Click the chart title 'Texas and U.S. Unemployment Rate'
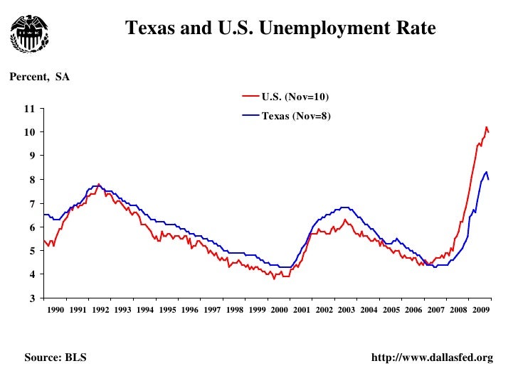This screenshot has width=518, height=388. click(x=280, y=28)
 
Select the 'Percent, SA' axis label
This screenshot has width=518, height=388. click(x=39, y=77)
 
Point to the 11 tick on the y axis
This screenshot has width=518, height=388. click(x=29, y=109)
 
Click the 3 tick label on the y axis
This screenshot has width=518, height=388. click(x=31, y=298)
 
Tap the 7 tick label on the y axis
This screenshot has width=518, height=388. click(x=31, y=204)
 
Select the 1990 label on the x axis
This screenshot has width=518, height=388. click(x=55, y=311)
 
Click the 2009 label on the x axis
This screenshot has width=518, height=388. click(x=480, y=311)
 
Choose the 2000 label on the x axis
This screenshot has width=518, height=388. click(x=279, y=311)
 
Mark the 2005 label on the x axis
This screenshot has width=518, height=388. click(x=391, y=311)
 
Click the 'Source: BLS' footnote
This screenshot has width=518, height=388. click(x=55, y=357)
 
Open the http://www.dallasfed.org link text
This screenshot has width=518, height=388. click(x=432, y=357)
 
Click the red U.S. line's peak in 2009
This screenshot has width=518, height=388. click(x=486, y=128)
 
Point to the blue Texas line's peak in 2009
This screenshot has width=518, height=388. click(x=486, y=172)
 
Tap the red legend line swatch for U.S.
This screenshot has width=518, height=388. click(x=250, y=97)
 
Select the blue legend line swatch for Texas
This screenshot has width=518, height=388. click(x=250, y=115)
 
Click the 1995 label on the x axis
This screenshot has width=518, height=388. click(x=167, y=311)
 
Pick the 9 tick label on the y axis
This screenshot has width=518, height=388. click(x=31, y=156)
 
